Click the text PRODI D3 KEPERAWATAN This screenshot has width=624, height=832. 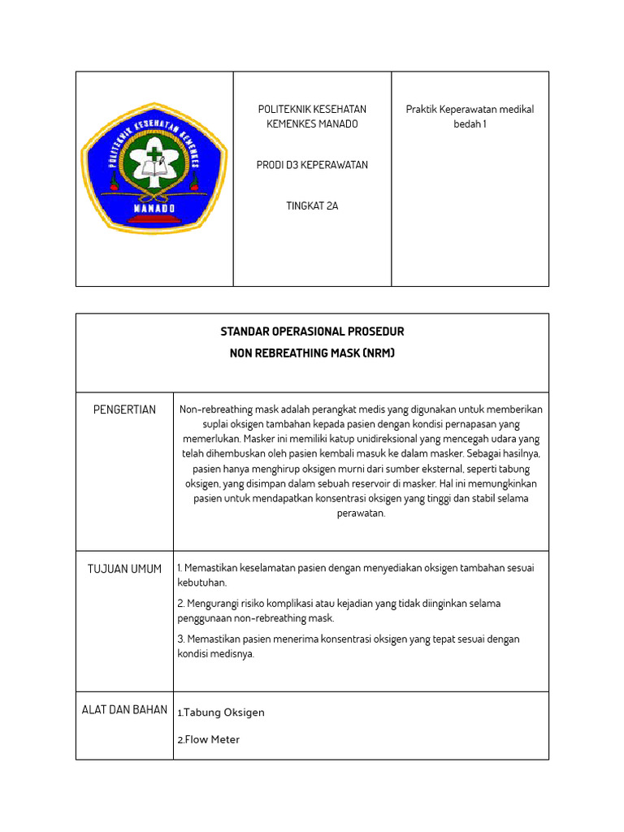(312, 165)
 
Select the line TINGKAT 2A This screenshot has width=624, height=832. (312, 206)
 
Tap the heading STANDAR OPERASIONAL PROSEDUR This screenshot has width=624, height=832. (312, 331)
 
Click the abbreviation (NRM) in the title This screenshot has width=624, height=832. (379, 353)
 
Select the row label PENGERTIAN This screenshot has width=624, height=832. (124, 409)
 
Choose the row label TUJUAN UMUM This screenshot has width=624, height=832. (124, 569)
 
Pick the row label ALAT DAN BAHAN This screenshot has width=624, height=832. (124, 709)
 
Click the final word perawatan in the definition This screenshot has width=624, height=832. (361, 513)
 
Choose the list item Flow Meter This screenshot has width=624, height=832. (212, 739)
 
